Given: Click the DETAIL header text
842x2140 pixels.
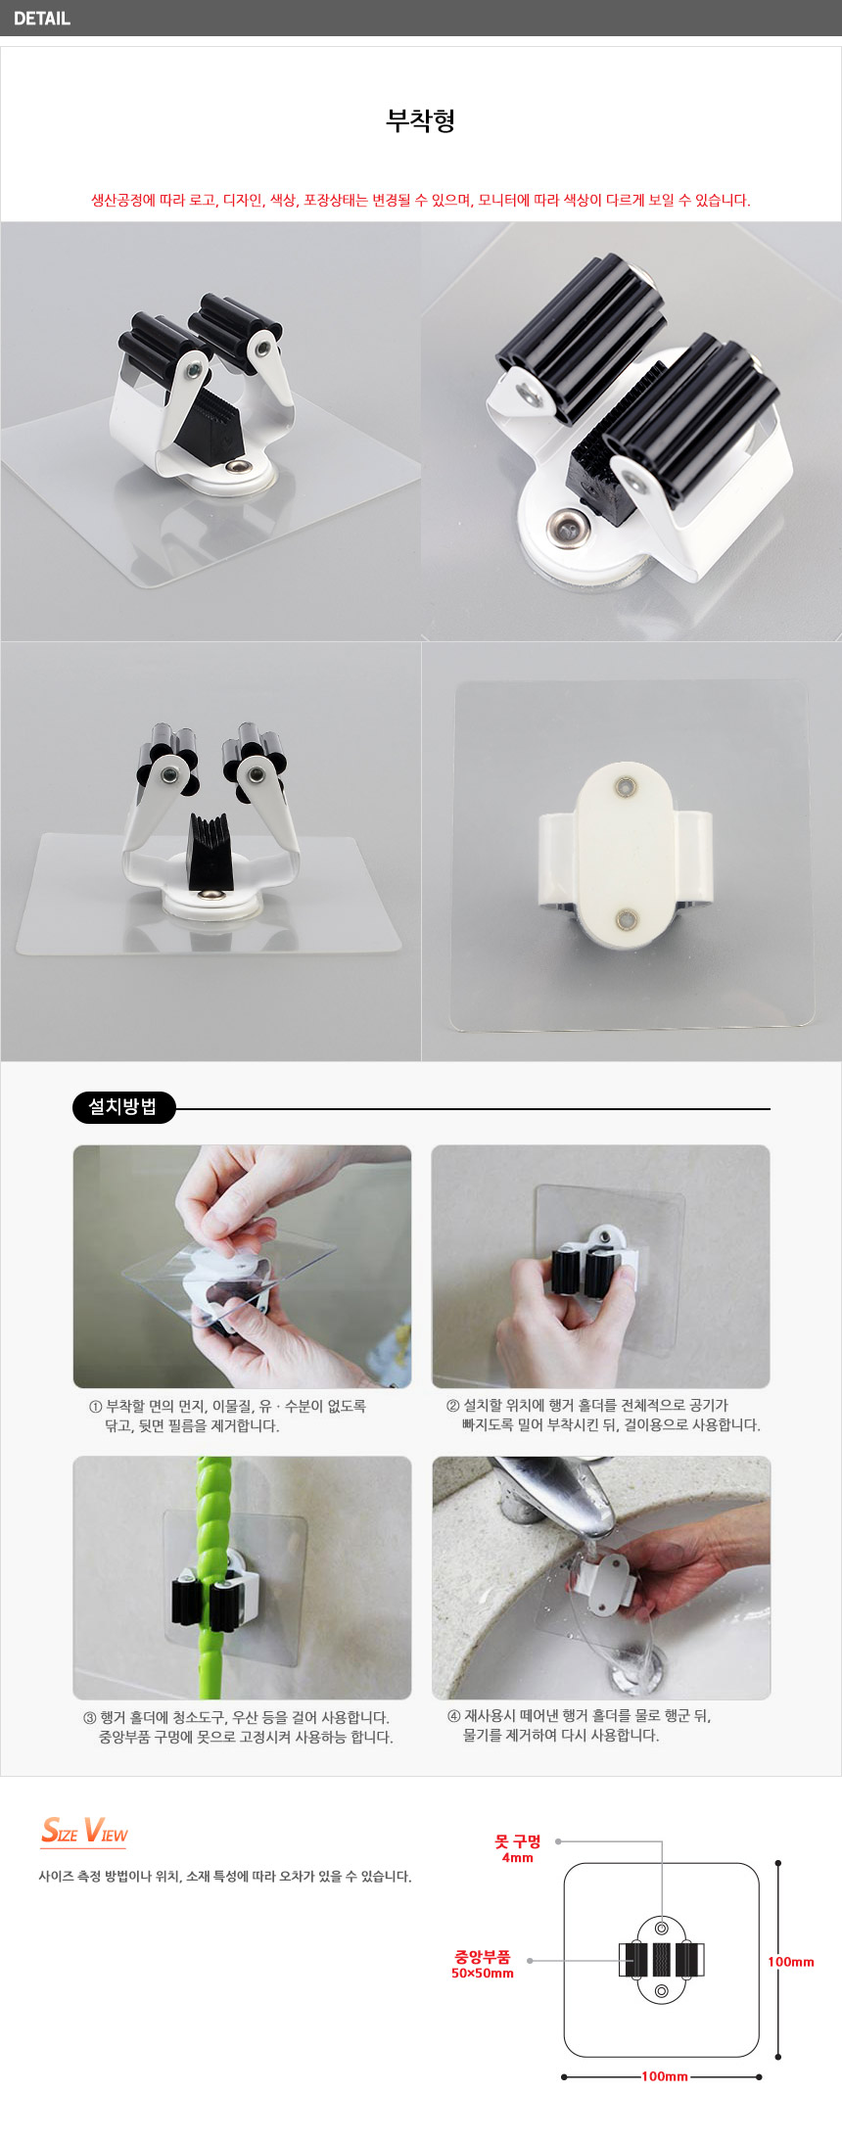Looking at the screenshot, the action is click(42, 18).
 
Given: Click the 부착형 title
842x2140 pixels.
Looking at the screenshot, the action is click(421, 120).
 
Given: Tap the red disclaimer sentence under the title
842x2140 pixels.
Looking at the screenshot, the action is click(421, 200).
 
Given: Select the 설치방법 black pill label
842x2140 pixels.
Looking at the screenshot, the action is click(123, 1107).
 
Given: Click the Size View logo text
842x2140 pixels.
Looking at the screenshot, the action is click(84, 1830).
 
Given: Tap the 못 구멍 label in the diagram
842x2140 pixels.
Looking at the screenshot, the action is click(518, 1841).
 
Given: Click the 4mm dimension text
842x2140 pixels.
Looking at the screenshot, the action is click(518, 1857).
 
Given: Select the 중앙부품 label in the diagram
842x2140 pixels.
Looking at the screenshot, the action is click(483, 1957).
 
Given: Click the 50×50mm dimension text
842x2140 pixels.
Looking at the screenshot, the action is click(483, 1973).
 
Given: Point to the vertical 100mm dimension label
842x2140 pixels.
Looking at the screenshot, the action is click(791, 1961).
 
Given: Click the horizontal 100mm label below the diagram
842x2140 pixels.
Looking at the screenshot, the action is click(665, 2075).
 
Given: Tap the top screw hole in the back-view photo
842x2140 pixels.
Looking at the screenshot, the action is click(626, 786).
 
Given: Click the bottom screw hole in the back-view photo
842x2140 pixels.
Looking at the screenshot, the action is click(626, 919).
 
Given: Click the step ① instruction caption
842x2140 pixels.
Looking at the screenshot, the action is click(228, 1416).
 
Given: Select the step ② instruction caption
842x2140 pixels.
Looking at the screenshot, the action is click(602, 1415).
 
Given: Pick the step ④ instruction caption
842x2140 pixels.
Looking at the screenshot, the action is click(580, 1725).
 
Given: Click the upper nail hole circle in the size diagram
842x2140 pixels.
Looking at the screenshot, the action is click(662, 1928).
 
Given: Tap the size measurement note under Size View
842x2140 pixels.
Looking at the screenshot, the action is click(225, 1876).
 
